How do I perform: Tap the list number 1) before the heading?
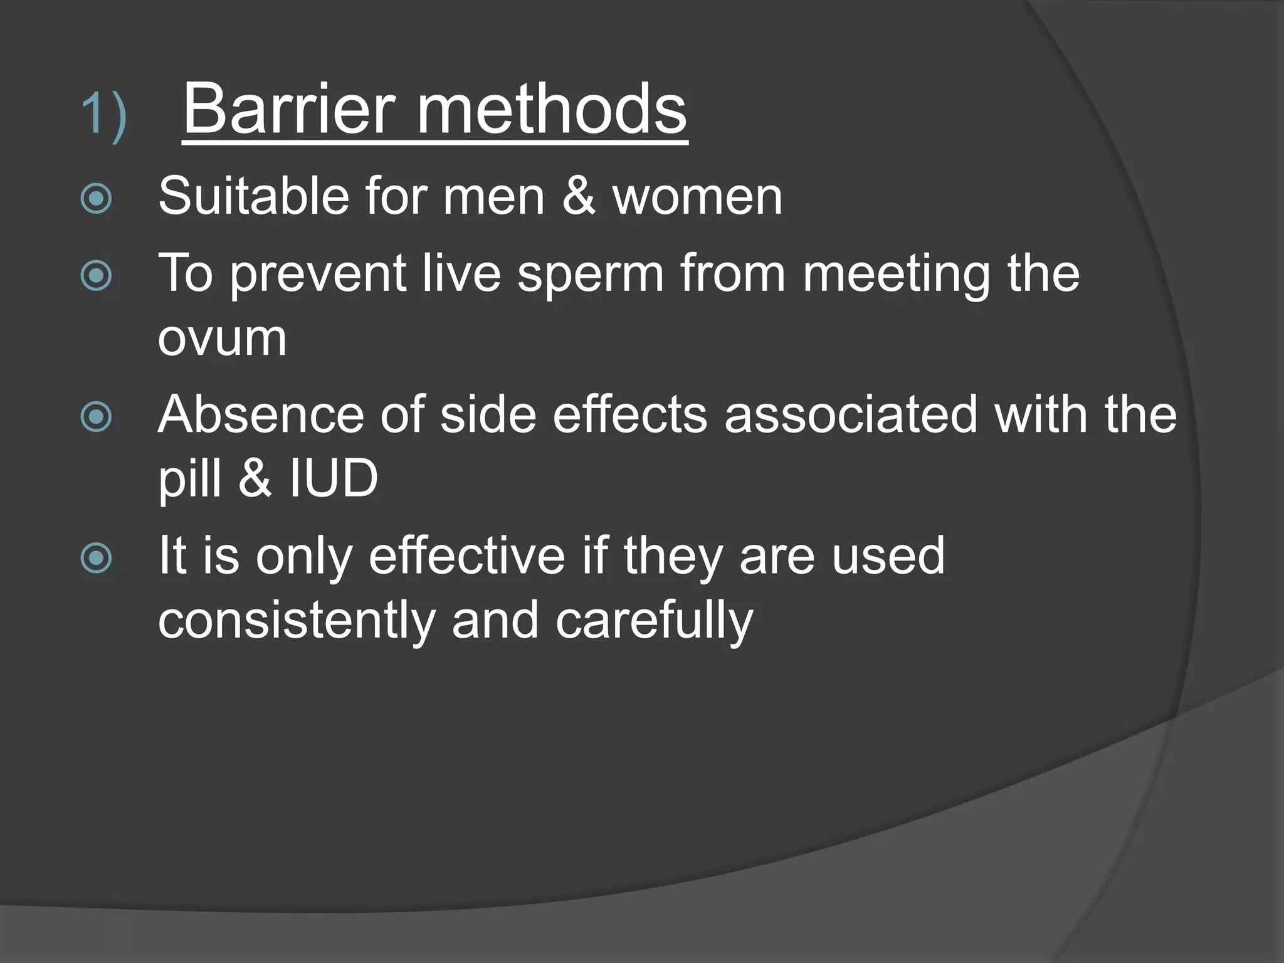point(104,114)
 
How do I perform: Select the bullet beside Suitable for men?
point(97,199)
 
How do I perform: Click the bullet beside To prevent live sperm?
point(97,276)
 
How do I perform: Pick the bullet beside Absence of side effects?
point(97,417)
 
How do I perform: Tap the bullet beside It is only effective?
point(97,558)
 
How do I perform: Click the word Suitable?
point(253,196)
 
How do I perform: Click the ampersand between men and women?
point(578,196)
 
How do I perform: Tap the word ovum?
point(222,339)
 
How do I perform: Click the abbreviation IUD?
point(334,478)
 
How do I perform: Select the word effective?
point(466,555)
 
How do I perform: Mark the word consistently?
point(296,621)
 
